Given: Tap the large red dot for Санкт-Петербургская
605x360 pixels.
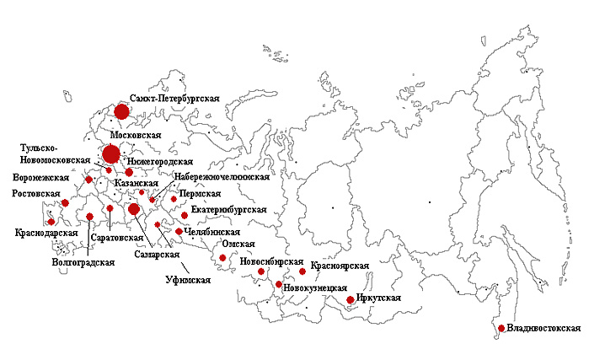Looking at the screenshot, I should pos(121,111).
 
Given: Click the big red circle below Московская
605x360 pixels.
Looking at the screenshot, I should pos(110,154).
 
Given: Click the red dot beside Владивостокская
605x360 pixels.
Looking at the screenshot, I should pos(501,328).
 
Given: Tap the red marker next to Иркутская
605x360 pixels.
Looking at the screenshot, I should pos(351,299).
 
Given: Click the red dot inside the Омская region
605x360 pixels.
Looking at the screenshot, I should pos(222,258).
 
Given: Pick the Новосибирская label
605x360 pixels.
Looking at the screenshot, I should pos(268,261).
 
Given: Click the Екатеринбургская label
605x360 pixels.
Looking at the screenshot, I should pos(230,208).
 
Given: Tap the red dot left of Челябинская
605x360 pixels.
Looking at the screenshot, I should pos(179,231).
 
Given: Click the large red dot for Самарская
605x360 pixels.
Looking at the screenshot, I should pos(133,209).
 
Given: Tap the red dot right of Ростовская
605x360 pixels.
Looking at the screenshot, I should pos(65,202).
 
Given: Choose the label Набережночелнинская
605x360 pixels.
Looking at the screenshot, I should pos(222,178).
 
